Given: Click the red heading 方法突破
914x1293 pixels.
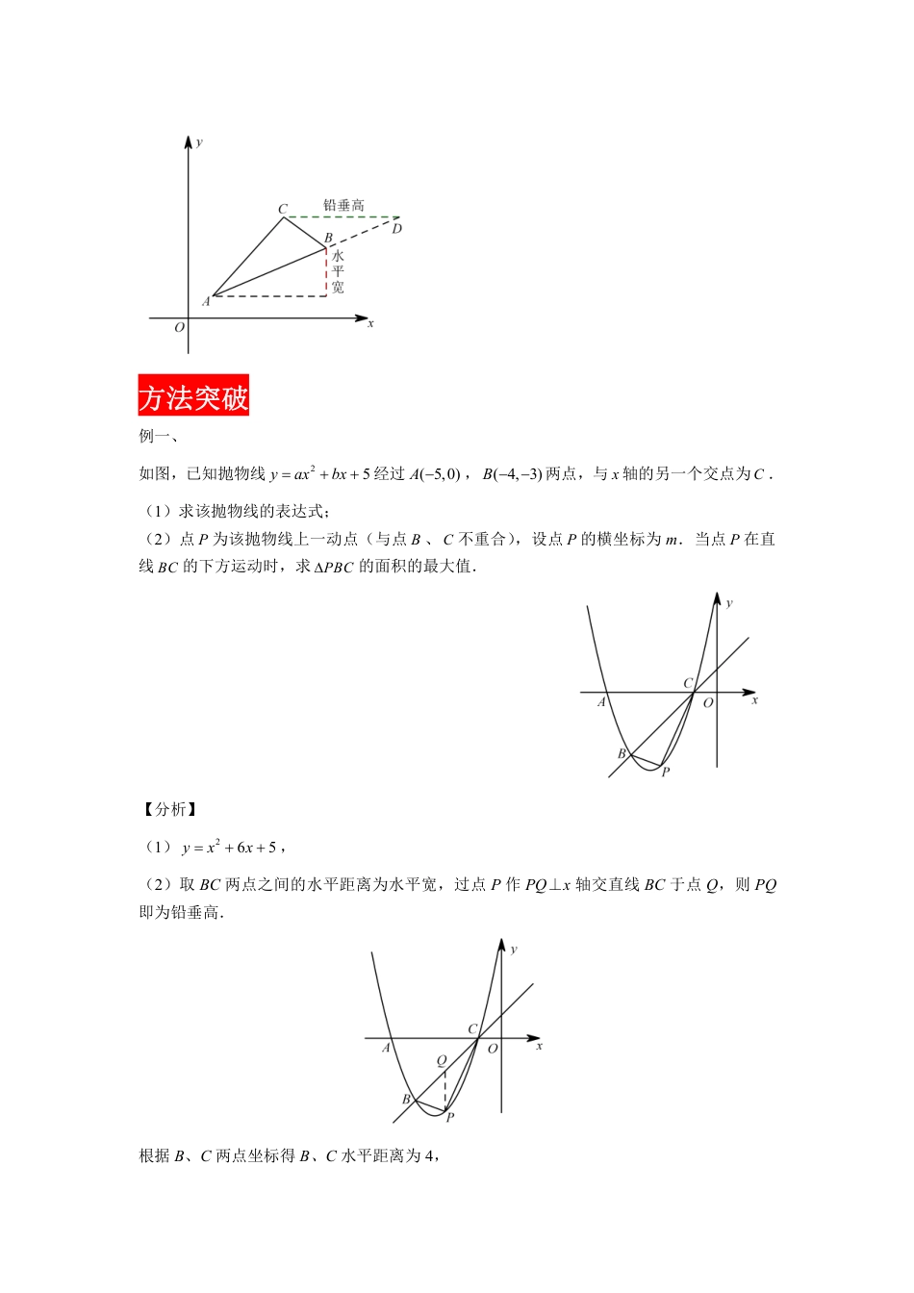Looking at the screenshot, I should pos(193,395).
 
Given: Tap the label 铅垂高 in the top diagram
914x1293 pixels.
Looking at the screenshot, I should pos(343,205).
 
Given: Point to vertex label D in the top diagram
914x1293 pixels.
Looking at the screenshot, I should pos(396,229).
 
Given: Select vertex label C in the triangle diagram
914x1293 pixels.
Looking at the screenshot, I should pos(282,209).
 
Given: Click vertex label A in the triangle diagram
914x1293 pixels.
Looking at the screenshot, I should pos(206,302).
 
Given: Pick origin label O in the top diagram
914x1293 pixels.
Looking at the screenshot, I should pos(179,328).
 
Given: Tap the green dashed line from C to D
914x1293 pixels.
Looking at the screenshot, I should pos(342,217).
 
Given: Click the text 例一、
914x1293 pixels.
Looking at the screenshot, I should pos(158,436).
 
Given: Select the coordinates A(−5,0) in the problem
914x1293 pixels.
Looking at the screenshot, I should pos(434,473).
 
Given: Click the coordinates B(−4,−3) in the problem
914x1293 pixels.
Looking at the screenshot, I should pos(512,473).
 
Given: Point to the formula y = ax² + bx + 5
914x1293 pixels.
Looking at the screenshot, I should pos(319,473).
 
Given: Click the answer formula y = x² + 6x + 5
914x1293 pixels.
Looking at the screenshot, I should pos(230,848).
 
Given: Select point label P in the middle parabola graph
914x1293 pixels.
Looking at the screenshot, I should pos(665,772).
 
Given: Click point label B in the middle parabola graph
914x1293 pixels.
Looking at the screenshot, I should pos(622,753).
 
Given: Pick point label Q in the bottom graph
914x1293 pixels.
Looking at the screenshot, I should pos(442,1060).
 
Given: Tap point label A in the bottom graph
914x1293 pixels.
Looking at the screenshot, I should pos(386,1048).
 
